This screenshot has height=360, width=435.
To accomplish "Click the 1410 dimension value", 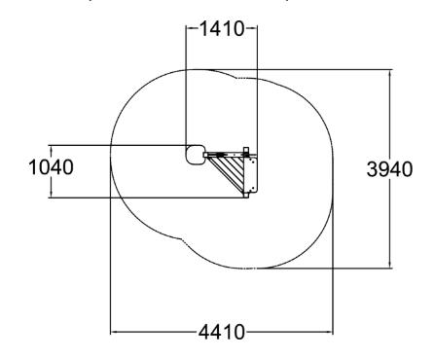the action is point(222,28).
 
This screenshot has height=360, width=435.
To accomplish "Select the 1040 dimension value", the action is point(51,167).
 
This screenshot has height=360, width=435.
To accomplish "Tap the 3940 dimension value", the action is point(389,169).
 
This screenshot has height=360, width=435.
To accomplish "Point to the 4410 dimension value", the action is point(222,332).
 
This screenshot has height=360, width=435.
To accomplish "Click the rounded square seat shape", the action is point(195,156).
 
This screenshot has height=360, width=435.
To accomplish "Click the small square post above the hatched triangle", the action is point(246,151).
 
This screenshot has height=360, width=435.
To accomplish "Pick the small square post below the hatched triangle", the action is point(246,195).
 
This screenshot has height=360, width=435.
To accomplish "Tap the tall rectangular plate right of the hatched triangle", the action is point(251,174).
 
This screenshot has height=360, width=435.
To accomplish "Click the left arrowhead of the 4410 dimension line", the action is point(113,332).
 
